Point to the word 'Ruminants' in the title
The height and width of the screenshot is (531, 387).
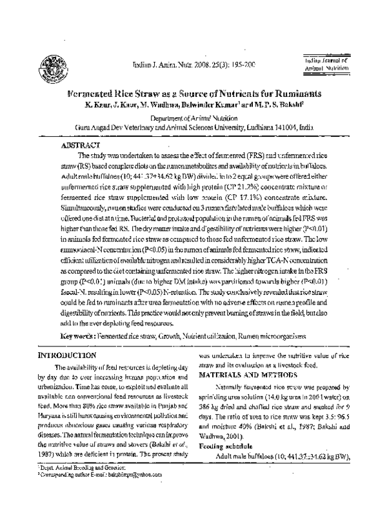click(279, 93)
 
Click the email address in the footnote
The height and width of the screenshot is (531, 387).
click(134, 474)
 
